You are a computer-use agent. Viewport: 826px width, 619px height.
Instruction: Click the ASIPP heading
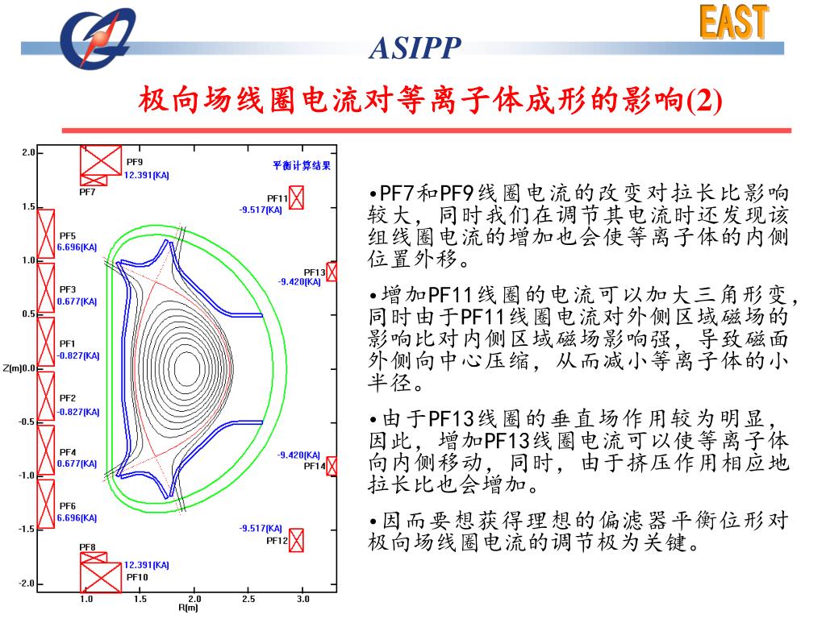click(x=415, y=50)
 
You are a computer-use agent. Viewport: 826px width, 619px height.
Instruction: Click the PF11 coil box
click(x=296, y=197)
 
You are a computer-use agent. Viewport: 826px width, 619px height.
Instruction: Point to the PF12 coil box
click(x=296, y=540)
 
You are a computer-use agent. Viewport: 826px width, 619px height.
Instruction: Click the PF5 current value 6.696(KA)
click(x=77, y=247)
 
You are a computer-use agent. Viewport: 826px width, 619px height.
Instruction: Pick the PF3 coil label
click(x=68, y=289)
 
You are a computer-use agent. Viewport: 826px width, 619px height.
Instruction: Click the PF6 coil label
click(x=68, y=506)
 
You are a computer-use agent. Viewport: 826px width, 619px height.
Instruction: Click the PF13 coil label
click(x=314, y=272)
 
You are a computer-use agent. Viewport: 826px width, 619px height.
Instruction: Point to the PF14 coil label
click(x=314, y=466)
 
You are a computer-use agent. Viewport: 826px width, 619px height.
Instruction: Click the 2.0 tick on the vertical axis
click(x=28, y=152)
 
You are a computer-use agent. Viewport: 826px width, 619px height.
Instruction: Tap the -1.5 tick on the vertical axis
click(x=27, y=530)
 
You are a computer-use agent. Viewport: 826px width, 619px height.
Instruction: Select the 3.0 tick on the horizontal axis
click(x=302, y=600)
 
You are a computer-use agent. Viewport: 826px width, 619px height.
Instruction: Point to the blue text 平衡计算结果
click(x=302, y=166)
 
